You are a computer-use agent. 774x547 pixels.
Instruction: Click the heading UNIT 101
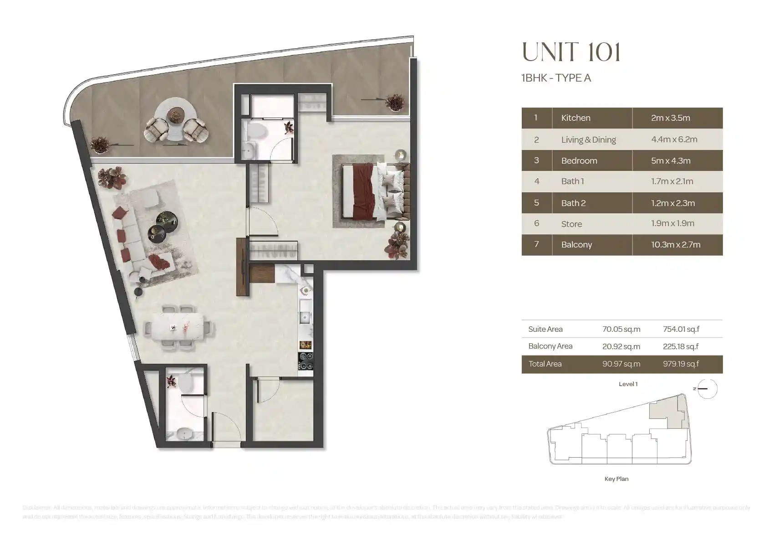tap(571, 52)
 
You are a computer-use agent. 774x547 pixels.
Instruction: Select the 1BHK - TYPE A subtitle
tap(556, 78)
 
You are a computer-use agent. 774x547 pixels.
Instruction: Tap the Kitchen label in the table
tap(575, 118)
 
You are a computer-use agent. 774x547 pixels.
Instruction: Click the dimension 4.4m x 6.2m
tap(674, 139)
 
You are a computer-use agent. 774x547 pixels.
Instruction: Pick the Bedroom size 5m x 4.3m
tap(670, 160)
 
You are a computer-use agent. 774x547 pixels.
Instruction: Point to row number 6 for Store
tap(536, 223)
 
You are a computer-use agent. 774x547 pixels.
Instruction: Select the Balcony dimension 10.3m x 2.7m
tap(675, 245)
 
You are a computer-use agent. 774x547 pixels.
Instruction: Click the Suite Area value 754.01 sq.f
tap(681, 329)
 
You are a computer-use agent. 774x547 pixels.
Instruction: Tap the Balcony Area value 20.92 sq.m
tap(621, 346)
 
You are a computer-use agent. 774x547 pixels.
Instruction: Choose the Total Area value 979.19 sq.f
tap(681, 364)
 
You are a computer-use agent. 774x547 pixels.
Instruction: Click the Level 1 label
tap(628, 384)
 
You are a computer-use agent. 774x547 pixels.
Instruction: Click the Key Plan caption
tap(616, 479)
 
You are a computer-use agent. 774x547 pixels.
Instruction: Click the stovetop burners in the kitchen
tap(306, 361)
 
